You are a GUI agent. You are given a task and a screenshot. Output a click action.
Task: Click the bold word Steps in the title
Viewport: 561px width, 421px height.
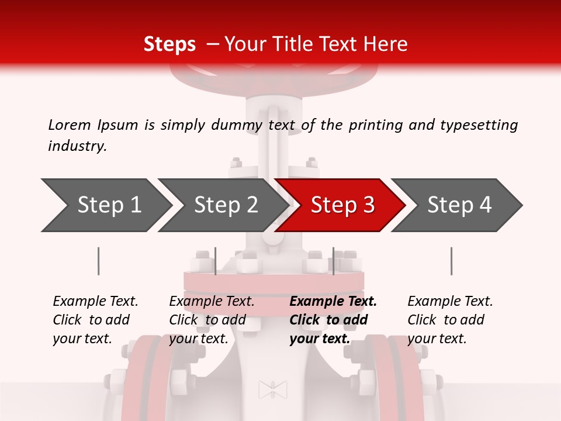coord(169,44)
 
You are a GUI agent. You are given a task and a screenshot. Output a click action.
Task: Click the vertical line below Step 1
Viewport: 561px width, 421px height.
coord(98,261)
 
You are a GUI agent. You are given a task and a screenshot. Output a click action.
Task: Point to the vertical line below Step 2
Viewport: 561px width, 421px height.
coord(216,261)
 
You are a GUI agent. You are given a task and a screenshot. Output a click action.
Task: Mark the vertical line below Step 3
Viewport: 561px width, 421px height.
coord(333,261)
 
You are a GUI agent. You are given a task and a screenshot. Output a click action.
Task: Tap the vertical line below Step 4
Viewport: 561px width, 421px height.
coord(451,261)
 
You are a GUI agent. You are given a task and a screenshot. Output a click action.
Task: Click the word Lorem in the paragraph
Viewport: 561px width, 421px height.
coord(69,125)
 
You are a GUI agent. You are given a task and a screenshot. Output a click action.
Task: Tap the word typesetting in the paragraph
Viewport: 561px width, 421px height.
coord(479,125)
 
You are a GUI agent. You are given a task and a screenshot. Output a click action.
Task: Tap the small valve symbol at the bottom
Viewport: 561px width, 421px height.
coord(273,389)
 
